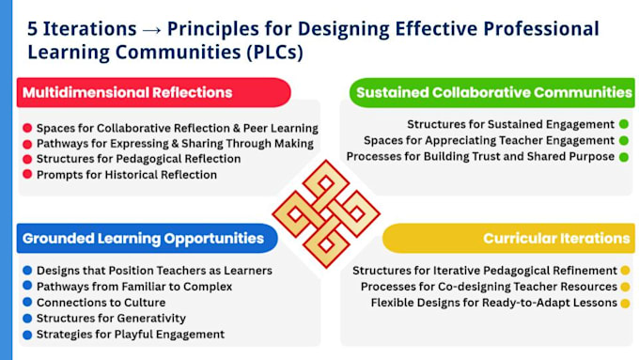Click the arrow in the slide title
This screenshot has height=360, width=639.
[x=151, y=30]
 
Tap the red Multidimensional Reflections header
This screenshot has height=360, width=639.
[x=153, y=92]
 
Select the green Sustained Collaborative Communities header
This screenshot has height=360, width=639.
[x=491, y=92]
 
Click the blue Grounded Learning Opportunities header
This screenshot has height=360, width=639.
[x=148, y=238]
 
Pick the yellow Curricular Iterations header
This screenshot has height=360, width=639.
[x=508, y=238]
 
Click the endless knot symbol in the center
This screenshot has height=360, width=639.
[x=326, y=213]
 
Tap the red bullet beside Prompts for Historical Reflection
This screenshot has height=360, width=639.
[x=27, y=175]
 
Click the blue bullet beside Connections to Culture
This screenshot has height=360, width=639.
[x=27, y=302]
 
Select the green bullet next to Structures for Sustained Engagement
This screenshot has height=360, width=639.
[x=624, y=124]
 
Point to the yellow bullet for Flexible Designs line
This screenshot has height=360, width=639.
[x=626, y=303]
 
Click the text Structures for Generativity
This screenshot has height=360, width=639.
[x=111, y=318]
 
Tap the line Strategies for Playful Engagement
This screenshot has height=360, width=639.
[x=131, y=335]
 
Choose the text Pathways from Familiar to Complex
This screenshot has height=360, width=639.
[x=134, y=287]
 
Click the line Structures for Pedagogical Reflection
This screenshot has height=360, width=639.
[x=138, y=159]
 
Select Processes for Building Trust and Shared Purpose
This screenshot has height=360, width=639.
[x=480, y=157]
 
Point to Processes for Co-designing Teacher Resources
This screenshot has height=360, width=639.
[x=489, y=287]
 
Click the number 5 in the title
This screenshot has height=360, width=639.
[x=32, y=29]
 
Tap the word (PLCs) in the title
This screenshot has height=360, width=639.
[x=274, y=53]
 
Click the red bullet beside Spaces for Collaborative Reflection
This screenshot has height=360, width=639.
[x=27, y=128]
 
